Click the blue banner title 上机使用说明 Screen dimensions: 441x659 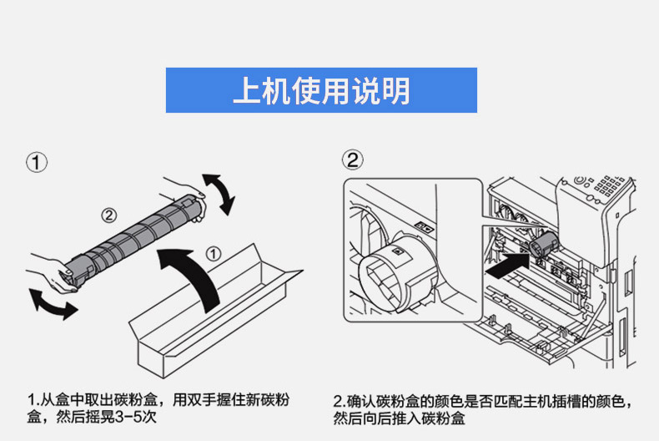[321, 90]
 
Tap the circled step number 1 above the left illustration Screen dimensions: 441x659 [36, 161]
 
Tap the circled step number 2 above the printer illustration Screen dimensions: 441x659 [354, 160]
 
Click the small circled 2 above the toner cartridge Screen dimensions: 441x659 [109, 214]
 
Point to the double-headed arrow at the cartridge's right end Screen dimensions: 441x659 [219, 192]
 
